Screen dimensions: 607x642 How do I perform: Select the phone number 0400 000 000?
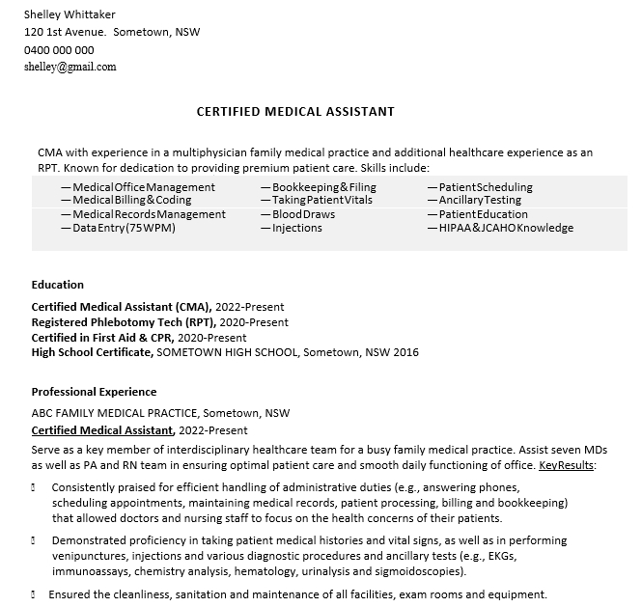[59, 50]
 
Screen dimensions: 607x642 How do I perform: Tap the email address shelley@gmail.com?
[70, 68]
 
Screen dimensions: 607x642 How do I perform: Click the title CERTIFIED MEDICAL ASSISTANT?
[295, 112]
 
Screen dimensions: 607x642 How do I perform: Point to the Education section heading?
[58, 285]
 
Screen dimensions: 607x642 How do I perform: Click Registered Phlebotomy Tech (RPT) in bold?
[123, 322]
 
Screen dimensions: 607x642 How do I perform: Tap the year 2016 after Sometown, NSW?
[405, 352]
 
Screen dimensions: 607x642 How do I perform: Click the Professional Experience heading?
[94, 392]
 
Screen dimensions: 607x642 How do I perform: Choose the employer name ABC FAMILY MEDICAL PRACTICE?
[115, 413]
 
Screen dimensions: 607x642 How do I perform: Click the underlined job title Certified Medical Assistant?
[102, 430]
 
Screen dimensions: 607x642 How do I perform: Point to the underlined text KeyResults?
[567, 465]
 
